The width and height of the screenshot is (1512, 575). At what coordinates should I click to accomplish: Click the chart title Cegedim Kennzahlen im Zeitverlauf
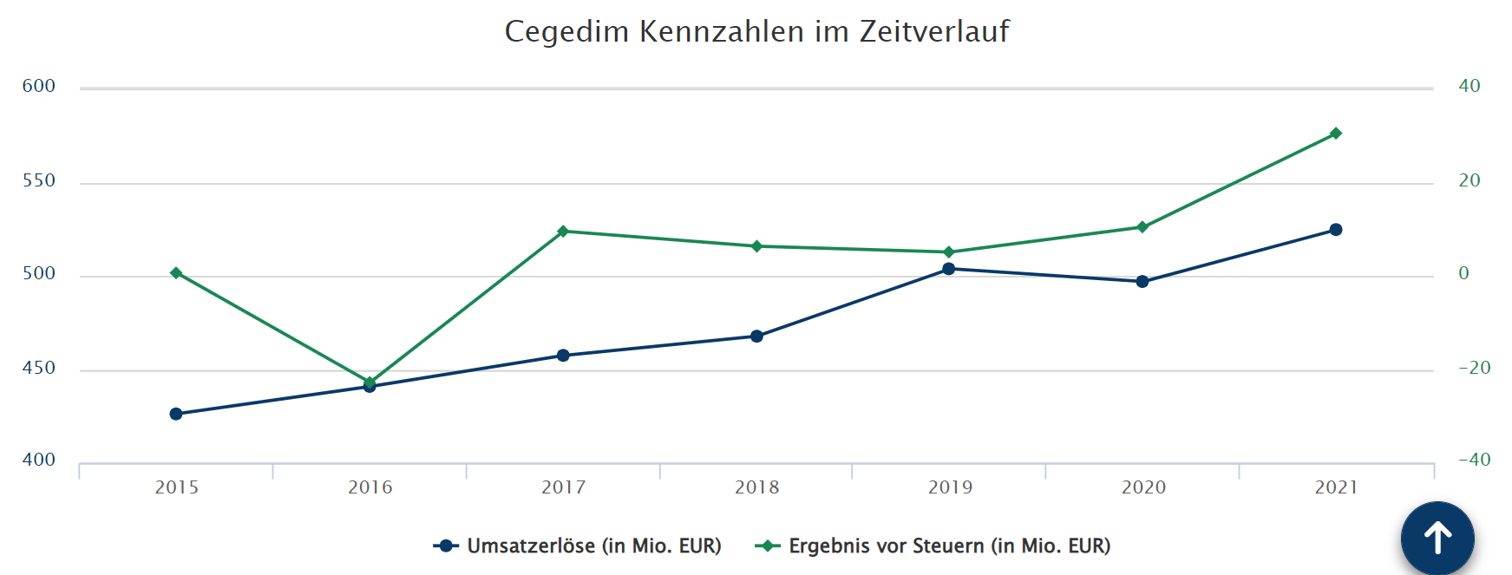tap(756, 31)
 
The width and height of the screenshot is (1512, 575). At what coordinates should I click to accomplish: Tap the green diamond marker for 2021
tap(1335, 134)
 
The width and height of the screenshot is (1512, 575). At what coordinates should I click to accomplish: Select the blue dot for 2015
tap(176, 414)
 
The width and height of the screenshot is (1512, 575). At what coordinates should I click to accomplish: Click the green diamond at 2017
tap(563, 232)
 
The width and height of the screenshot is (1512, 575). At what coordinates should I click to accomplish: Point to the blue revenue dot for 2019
tap(948, 269)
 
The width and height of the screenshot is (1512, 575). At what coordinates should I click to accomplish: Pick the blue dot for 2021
tap(1335, 230)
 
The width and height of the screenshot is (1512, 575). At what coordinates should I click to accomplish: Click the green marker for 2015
tap(176, 273)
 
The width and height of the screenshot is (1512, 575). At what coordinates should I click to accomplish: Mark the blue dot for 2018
tap(756, 337)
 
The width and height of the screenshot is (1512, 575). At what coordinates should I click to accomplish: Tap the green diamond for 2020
tap(1142, 227)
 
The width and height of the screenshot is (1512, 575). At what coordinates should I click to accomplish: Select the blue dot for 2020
tap(1142, 282)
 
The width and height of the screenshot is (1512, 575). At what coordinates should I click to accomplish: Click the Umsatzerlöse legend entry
tap(578, 546)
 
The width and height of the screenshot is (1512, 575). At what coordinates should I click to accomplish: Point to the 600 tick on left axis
tap(39, 86)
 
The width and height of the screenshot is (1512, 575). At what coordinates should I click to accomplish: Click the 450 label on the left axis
tap(39, 368)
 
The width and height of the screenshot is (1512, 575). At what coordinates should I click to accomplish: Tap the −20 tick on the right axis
tap(1474, 368)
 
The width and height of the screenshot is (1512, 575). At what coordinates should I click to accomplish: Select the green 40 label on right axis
tap(1469, 86)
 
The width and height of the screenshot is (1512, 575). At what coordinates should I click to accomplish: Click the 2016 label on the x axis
tap(370, 487)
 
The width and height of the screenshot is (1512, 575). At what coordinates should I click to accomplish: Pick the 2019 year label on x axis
tap(950, 487)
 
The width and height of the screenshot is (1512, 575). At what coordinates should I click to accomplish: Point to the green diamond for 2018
tap(756, 246)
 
